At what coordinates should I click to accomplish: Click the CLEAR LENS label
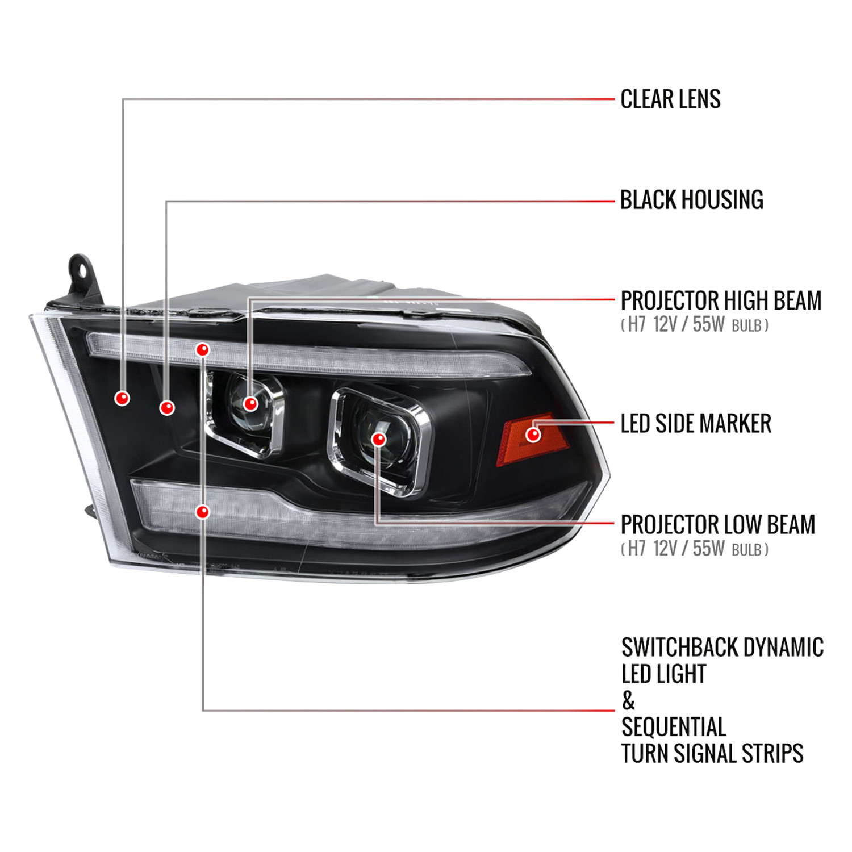coord(670,99)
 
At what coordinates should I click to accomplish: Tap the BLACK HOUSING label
coord(692,200)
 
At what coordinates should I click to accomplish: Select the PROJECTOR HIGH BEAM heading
coord(721,300)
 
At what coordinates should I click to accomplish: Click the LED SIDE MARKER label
coord(696,424)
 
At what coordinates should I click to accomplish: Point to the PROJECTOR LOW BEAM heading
coord(718,524)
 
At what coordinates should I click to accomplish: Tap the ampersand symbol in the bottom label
coord(628,701)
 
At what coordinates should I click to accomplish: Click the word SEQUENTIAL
coord(674,727)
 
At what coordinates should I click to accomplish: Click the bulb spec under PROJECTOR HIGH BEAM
coord(695,325)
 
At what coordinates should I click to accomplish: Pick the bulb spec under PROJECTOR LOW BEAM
coord(695,549)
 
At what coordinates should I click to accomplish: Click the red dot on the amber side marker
coord(533,435)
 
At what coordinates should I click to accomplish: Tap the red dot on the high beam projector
coord(250,404)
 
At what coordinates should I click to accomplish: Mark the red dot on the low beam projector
coord(379,439)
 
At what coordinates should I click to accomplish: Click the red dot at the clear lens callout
coord(122,399)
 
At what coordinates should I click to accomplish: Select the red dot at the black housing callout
coord(166,408)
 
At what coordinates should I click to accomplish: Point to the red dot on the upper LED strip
coord(202,350)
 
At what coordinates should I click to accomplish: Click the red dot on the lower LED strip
coord(202,512)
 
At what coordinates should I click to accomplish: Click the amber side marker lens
coord(532,438)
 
